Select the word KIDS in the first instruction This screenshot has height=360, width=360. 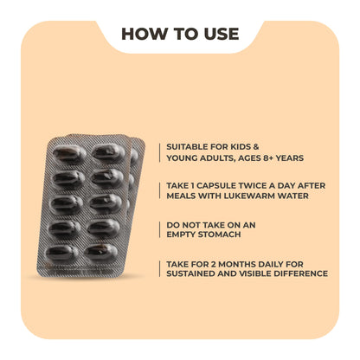[240, 147]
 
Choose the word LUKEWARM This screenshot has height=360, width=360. [248, 196]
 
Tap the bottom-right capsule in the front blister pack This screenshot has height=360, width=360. [101, 252]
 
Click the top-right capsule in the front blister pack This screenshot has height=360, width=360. [108, 151]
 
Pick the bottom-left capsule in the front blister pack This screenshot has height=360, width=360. [62, 254]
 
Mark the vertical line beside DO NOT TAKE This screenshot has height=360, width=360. [159, 229]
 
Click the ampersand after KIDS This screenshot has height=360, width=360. [256, 147]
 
